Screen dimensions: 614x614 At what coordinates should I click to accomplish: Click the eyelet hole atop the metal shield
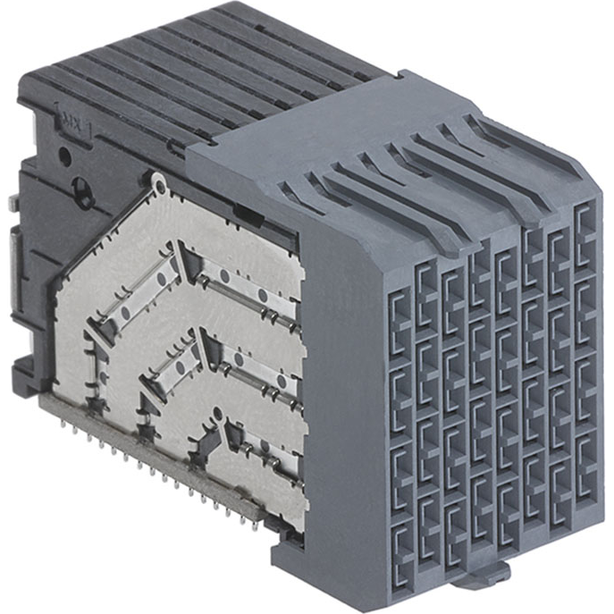point(159,184)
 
